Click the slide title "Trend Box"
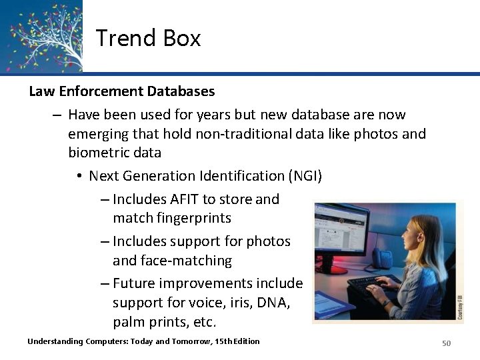pos(148,38)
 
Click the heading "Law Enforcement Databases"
pos(121,91)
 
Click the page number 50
pos(447,343)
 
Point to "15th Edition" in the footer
pos(237,341)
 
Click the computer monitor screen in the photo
pos(341,233)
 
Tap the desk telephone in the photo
pos(383,257)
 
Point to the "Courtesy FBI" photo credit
pos(459,307)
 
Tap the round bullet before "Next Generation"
pos(79,176)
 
